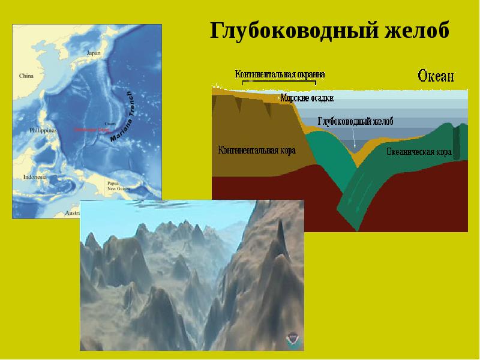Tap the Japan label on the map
[94, 53]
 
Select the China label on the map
[26, 76]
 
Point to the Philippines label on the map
[43, 130]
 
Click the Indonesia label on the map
[35, 177]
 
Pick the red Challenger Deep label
[88, 129]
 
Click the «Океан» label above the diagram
[436, 76]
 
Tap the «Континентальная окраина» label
[280, 74]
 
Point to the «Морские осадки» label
[307, 98]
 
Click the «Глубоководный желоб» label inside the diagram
[355, 121]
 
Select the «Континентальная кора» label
[257, 150]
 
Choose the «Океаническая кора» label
[419, 152]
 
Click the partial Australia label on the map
[72, 213]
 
